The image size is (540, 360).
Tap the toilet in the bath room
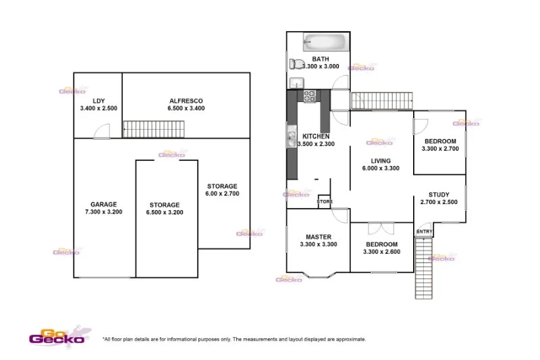tap(296, 65)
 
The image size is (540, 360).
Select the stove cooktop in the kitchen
tap(310, 97)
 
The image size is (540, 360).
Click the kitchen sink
tap(291, 138)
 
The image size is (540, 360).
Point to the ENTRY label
tap(424, 232)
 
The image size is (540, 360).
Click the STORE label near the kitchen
tap(325, 201)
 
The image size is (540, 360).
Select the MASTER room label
tap(318, 237)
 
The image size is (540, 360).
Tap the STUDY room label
tap(439, 195)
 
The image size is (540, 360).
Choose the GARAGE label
tap(104, 204)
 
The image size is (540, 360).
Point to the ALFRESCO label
tap(186, 101)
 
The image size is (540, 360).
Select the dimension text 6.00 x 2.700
tap(222, 194)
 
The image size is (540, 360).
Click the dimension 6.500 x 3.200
tap(165, 212)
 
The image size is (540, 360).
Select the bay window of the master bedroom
tap(318, 275)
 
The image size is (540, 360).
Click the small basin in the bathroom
tap(295, 83)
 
